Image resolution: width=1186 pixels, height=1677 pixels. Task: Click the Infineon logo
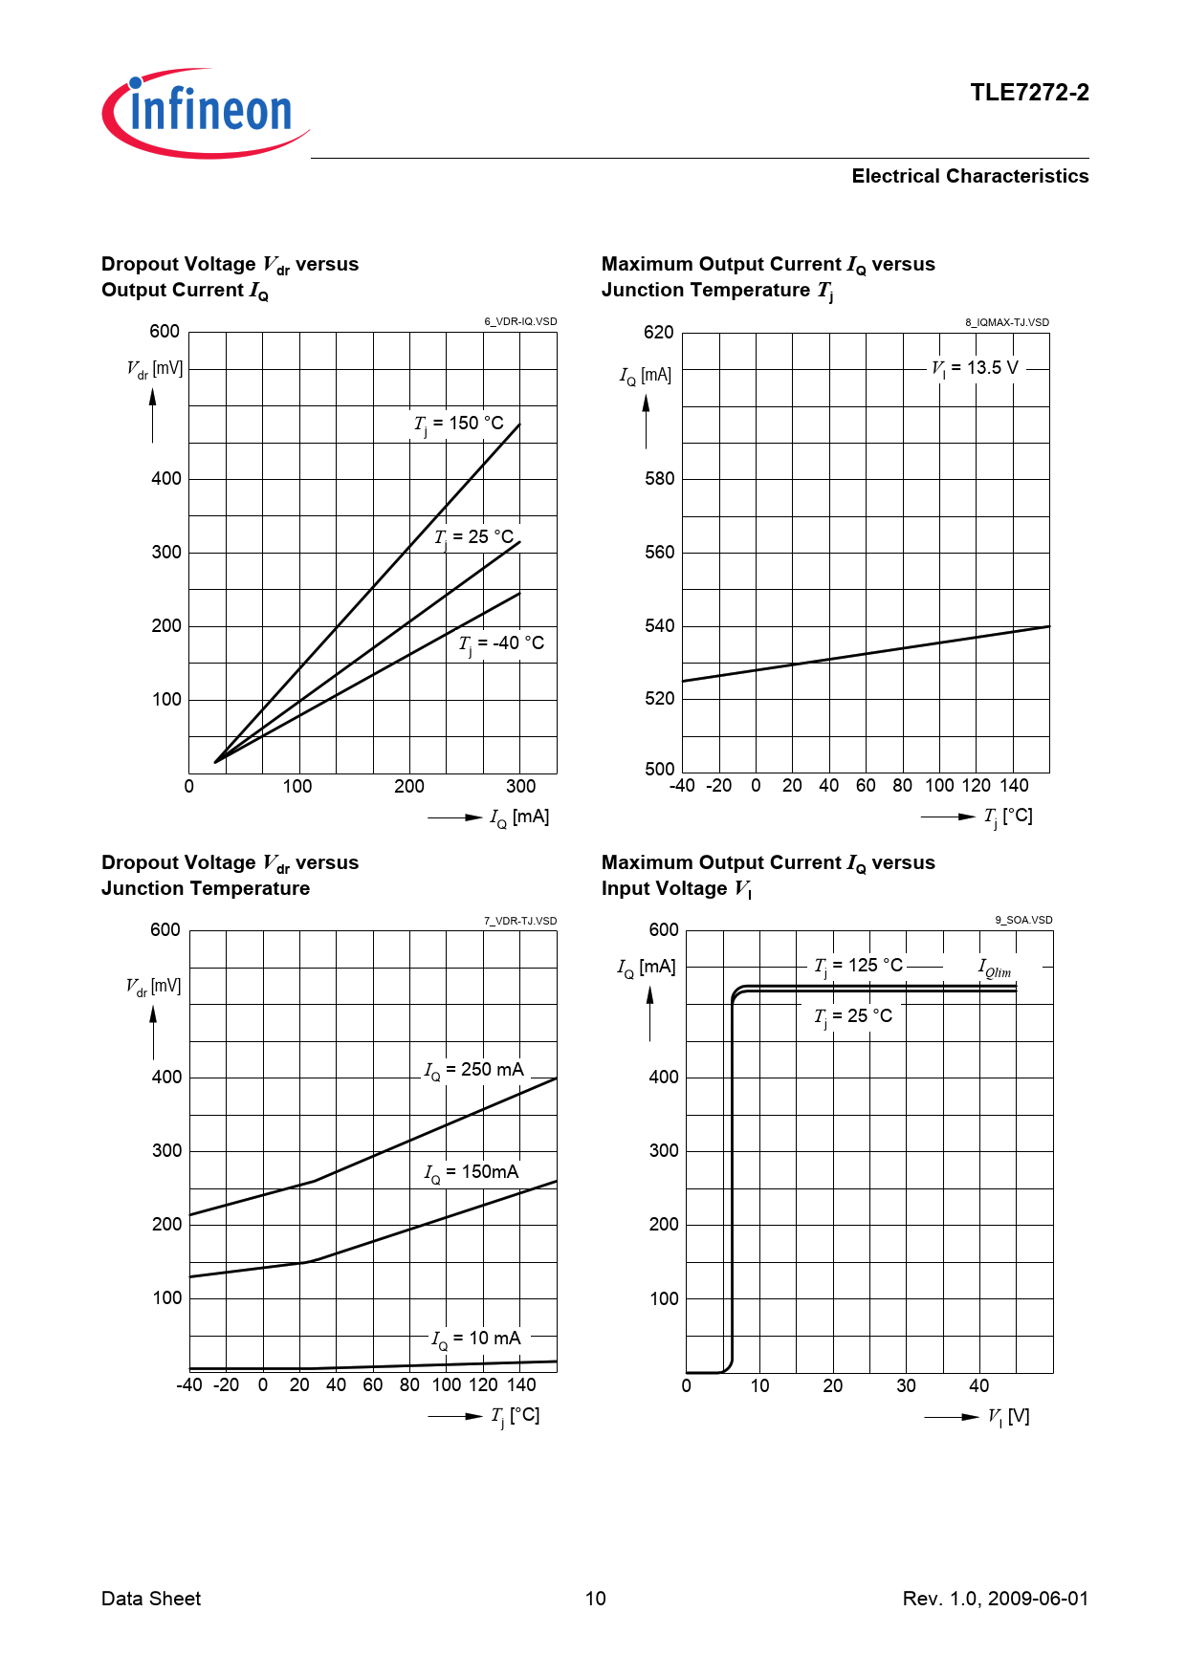click(x=206, y=113)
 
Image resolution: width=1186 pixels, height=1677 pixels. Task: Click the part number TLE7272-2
click(x=1029, y=93)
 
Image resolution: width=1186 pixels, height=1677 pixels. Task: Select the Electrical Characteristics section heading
click(x=970, y=176)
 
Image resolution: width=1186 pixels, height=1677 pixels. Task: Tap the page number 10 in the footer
click(x=595, y=1599)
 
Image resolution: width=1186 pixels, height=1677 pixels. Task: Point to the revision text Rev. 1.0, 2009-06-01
click(x=995, y=1599)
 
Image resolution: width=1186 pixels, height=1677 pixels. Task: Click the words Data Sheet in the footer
click(x=151, y=1599)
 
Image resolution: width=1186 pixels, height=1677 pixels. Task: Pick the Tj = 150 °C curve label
click(x=459, y=424)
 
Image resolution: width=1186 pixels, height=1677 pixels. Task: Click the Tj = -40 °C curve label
click(x=501, y=643)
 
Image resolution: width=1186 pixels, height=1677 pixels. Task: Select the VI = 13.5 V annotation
click(x=976, y=368)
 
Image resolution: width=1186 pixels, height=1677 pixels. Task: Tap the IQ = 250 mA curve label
click(x=474, y=1070)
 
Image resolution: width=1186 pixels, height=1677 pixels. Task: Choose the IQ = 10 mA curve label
click(x=476, y=1339)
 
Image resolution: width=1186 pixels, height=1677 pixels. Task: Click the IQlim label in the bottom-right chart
click(x=995, y=969)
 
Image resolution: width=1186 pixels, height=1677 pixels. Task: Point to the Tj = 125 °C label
click(x=859, y=966)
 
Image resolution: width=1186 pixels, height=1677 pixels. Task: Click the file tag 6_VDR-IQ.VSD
click(x=520, y=322)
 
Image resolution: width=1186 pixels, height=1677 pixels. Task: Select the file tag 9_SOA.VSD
click(x=1023, y=921)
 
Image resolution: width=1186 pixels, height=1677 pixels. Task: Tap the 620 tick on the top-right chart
click(x=659, y=333)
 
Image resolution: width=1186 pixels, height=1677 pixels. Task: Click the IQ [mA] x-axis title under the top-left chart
click(x=519, y=817)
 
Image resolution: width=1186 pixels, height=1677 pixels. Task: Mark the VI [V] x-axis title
click(x=1009, y=1417)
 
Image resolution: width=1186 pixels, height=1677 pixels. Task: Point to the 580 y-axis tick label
click(x=659, y=479)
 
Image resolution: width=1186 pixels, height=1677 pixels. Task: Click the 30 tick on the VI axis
click(x=906, y=1386)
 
